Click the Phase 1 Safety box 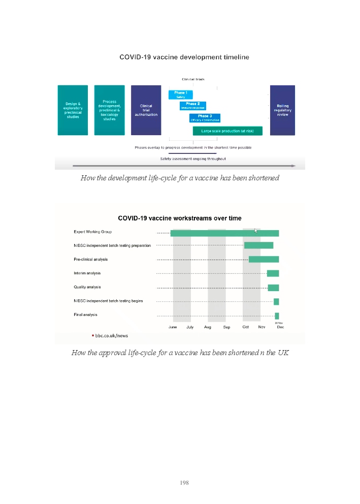point(180,94)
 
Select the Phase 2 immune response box point(192,106)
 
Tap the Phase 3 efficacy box point(205,118)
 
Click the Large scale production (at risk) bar point(227,131)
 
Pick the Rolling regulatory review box point(282,110)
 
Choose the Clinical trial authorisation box point(146,110)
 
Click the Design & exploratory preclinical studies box point(73,110)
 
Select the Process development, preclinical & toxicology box point(109,110)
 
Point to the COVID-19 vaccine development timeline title point(184,57)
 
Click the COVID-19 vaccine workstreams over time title point(180,218)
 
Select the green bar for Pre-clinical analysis point(264,260)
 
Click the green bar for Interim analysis point(273,273)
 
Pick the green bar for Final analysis point(277,316)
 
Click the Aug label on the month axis point(208,327)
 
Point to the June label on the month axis point(173,327)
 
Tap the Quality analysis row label point(87,287)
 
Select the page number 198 point(184,483)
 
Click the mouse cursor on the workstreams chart point(256,231)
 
